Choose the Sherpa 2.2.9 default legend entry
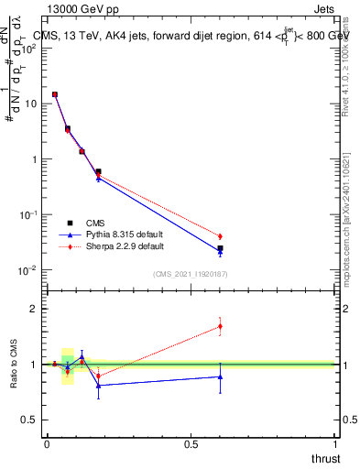[115, 246]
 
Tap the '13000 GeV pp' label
[82, 9]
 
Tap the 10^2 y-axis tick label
[27, 49]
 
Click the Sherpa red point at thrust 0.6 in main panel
[220, 236]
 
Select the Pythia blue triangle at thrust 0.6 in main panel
[220, 252]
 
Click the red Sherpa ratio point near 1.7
[220, 326]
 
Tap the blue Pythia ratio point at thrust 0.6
[220, 376]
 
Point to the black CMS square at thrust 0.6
[220, 248]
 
